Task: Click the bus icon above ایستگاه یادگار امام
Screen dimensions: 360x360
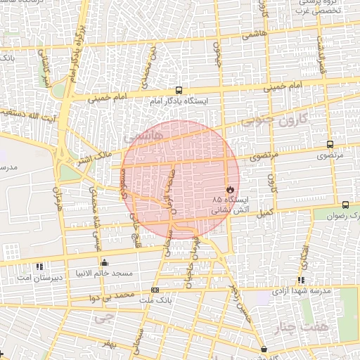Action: (179, 91)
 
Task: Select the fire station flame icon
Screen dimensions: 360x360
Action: (230, 189)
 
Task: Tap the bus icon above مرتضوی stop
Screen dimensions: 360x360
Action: (330, 144)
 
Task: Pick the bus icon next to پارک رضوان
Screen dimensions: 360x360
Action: (345, 205)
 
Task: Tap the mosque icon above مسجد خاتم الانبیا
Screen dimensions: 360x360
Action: (105, 262)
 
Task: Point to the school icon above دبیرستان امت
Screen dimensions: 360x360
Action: (39, 266)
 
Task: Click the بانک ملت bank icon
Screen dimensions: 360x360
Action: (155, 290)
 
